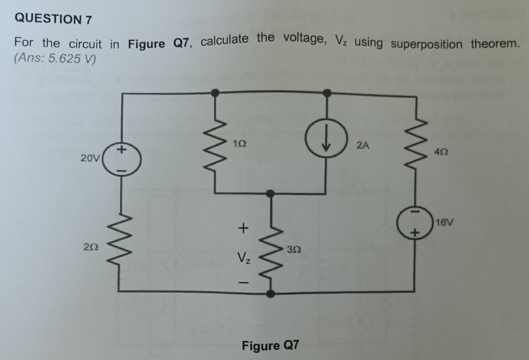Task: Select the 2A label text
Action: tap(363, 145)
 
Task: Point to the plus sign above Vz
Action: tap(244, 228)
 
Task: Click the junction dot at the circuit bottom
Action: tap(271, 294)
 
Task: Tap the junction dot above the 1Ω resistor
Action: tap(216, 92)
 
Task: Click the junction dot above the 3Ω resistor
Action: tap(271, 193)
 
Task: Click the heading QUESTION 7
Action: tap(53, 19)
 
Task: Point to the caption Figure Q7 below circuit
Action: tap(270, 346)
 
